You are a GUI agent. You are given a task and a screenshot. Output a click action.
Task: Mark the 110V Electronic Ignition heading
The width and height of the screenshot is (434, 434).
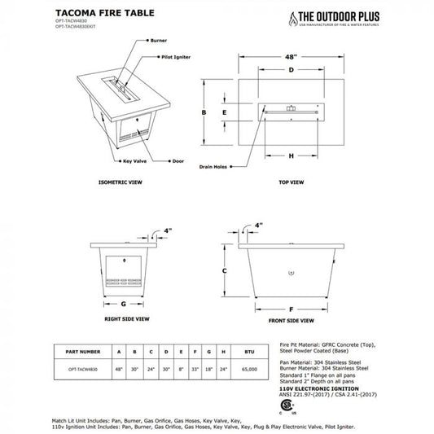point(304,391)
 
